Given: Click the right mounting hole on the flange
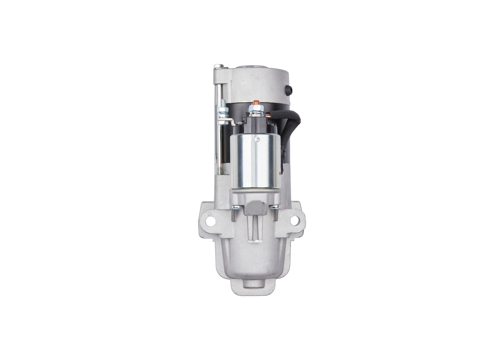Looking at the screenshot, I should (x=295, y=221).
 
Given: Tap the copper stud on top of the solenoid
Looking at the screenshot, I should (x=254, y=105).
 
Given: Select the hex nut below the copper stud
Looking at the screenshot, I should (x=255, y=113).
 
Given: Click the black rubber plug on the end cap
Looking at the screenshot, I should (x=290, y=90).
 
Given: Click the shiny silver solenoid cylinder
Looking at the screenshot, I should (x=255, y=161).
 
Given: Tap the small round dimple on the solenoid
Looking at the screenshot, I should (x=258, y=139).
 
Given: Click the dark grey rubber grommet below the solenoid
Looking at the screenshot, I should (x=255, y=207).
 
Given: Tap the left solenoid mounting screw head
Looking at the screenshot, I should (x=235, y=208).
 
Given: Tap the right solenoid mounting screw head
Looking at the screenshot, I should (x=276, y=207).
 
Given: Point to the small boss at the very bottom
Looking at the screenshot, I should (x=253, y=287).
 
